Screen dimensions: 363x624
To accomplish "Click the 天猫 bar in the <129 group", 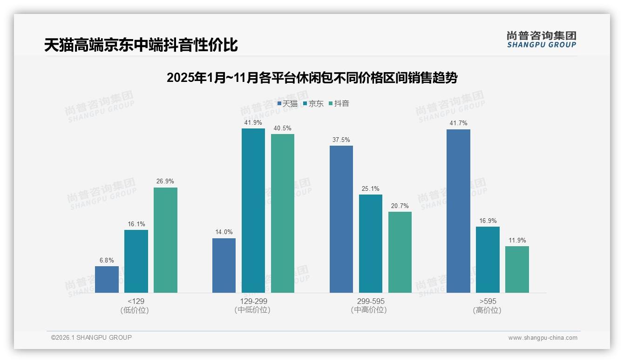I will point(107,279).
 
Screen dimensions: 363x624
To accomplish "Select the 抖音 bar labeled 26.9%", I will point(165,240).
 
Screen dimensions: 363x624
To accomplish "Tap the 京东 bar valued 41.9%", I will point(253,210).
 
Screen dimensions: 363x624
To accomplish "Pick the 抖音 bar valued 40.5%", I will point(283,213).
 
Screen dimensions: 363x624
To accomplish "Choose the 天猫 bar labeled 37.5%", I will point(341,219).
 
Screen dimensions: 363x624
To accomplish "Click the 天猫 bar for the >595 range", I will point(458,211).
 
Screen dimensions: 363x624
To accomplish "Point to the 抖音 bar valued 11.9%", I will point(517,269).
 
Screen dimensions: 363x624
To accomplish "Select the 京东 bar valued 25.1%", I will point(371,243).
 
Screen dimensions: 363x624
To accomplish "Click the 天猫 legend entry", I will point(287,104).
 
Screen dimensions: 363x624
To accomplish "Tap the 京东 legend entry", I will point(313,104).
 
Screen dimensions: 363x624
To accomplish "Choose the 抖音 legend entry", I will point(339,104).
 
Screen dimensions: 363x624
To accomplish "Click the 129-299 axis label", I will point(253,301).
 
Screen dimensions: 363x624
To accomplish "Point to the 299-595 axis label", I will point(371,301).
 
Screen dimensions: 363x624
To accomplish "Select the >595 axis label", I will point(488,301).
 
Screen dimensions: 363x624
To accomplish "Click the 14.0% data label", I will point(224,232).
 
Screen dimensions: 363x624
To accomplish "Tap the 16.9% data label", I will point(488,221).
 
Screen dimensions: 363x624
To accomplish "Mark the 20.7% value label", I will point(400,206).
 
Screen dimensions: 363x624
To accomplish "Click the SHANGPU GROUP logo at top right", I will point(542,40).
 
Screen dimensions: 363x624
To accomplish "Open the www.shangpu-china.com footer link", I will point(543,338).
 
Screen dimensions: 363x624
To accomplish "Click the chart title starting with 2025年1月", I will point(312,78).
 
